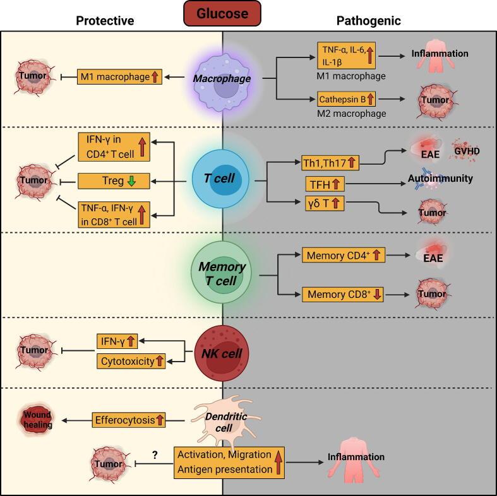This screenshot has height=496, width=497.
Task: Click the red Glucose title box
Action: (x=222, y=14)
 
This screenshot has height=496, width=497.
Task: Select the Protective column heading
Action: (x=105, y=21)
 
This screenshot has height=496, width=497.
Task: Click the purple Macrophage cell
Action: (x=222, y=78)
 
